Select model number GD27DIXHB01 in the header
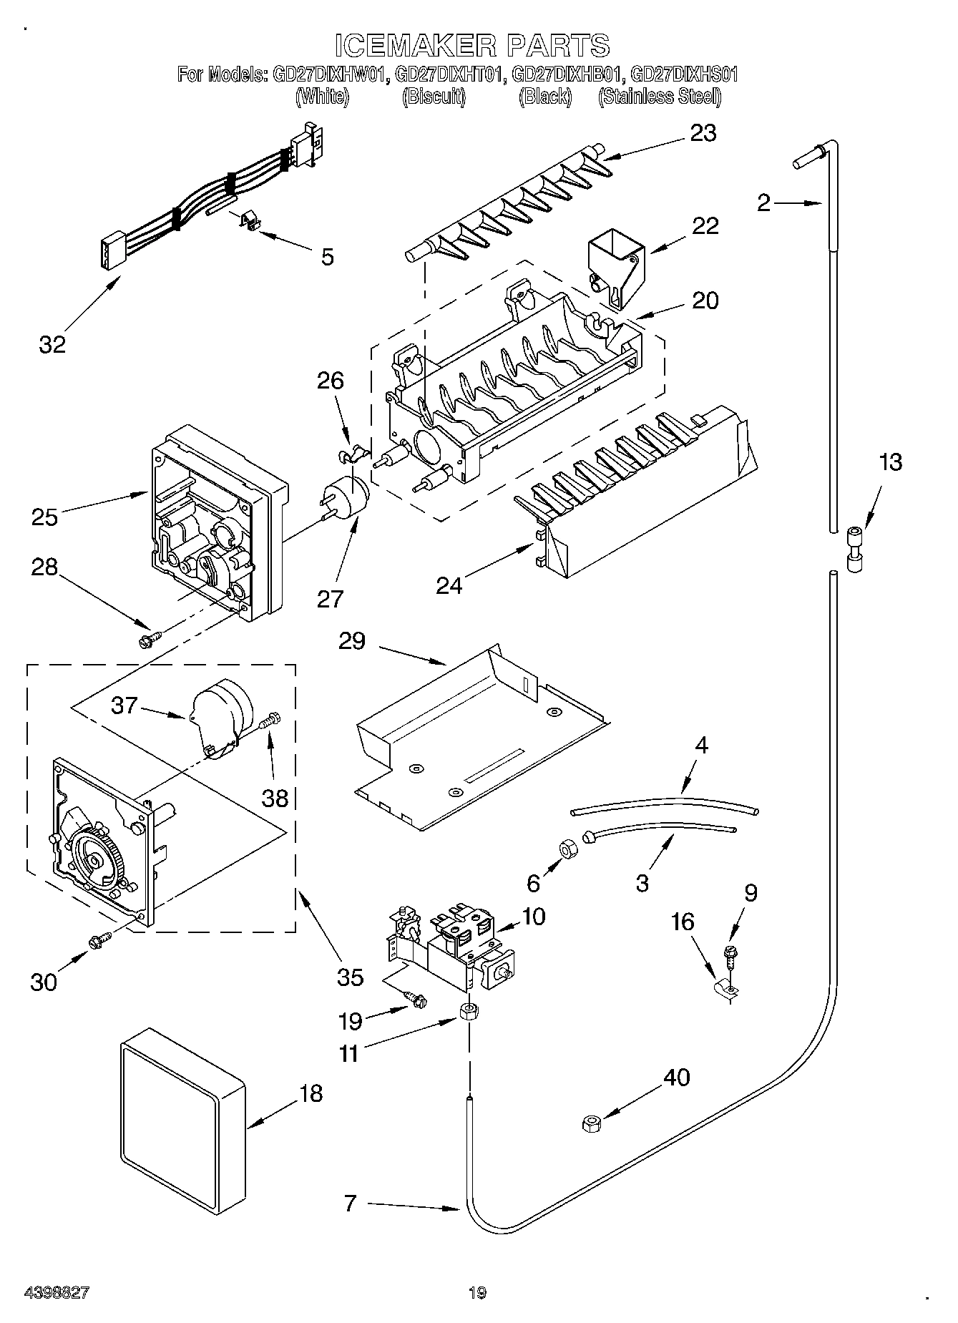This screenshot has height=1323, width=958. click(568, 74)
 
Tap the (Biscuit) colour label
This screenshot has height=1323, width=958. click(434, 97)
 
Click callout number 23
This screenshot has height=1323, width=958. click(703, 133)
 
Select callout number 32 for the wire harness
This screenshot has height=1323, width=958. click(52, 344)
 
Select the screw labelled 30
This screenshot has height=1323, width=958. click(99, 939)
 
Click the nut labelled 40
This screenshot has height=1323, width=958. click(591, 1124)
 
